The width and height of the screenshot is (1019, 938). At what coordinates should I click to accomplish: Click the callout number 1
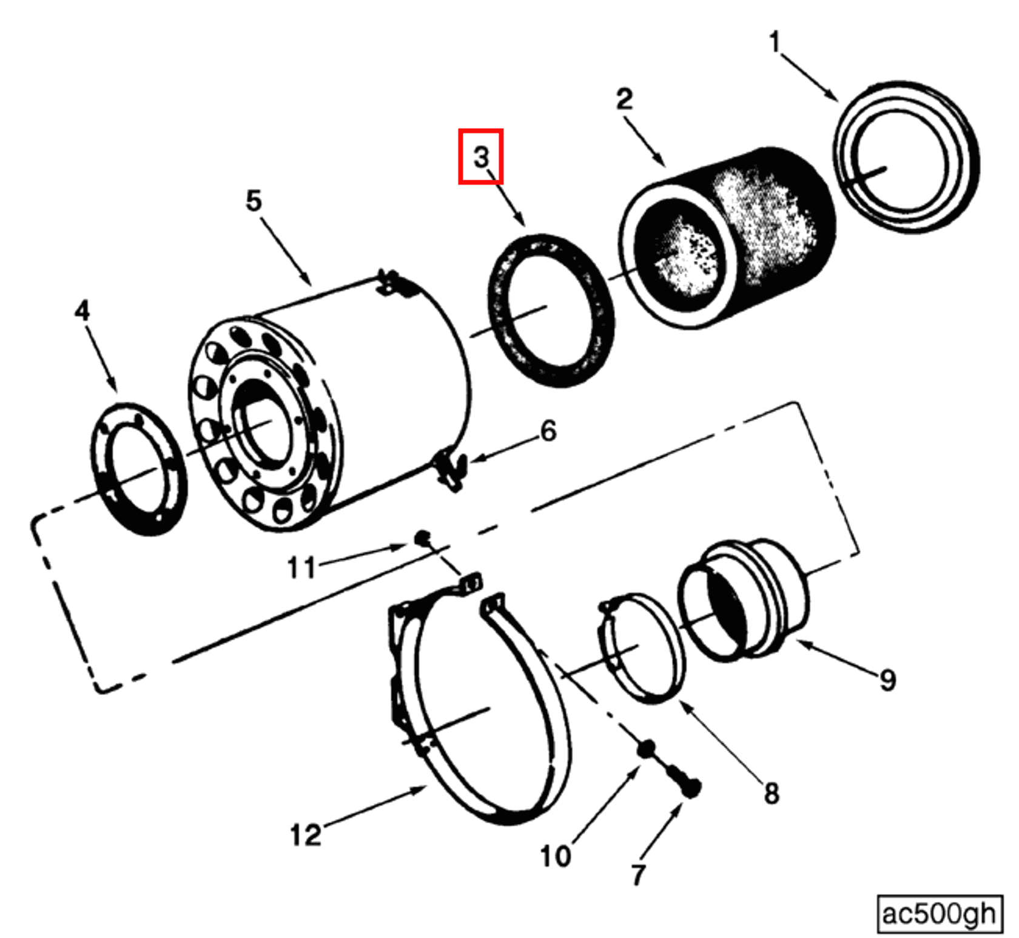coord(774,42)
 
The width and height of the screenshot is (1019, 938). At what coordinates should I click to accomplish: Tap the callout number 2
coord(624,99)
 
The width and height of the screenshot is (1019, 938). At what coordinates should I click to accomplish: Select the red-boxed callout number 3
coord(480,157)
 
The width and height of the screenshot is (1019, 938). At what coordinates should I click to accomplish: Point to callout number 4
coord(82,310)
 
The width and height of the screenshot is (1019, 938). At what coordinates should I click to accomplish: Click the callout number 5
coord(254,200)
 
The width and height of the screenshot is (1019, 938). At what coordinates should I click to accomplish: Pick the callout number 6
coord(548,431)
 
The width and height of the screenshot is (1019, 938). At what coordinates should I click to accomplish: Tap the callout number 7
coord(638,874)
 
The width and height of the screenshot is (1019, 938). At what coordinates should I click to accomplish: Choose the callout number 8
coord(771,792)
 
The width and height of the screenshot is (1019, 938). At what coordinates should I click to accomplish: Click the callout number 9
coord(887,680)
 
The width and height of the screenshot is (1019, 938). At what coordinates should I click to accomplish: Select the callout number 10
coord(555,856)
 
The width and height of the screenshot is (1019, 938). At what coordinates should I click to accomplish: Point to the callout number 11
coord(301,568)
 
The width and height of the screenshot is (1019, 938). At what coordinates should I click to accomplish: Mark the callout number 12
coord(305,835)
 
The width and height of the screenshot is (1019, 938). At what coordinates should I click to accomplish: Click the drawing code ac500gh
coord(939,913)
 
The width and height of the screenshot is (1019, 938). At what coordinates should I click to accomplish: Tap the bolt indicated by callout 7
coord(685,783)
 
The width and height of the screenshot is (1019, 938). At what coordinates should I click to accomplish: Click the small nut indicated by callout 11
coord(422,538)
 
